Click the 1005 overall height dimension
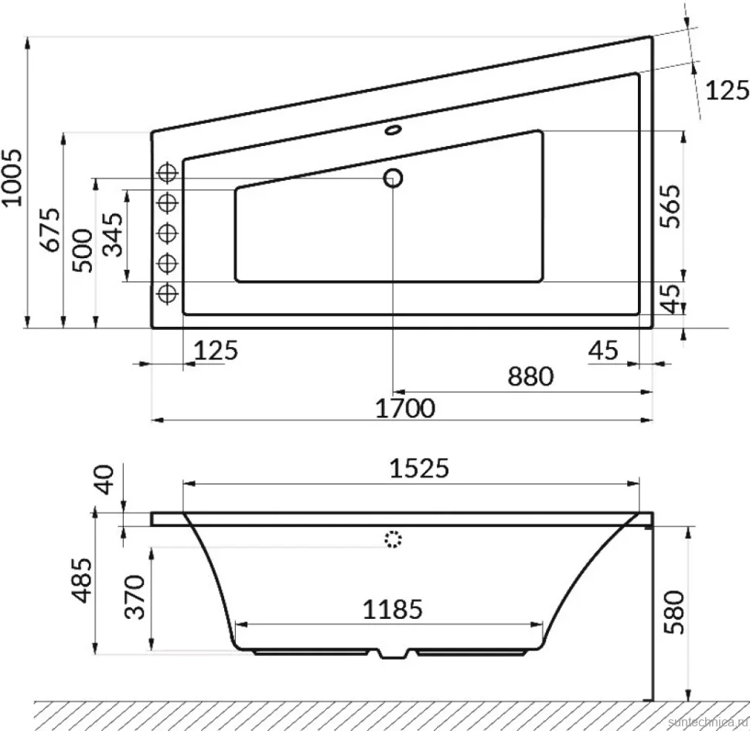point(12,178)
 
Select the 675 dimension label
point(51,229)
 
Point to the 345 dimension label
point(114,235)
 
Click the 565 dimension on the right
point(670,206)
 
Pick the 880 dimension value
point(530,376)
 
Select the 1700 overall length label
point(405,408)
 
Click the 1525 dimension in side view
point(420,468)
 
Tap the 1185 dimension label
point(393,610)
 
